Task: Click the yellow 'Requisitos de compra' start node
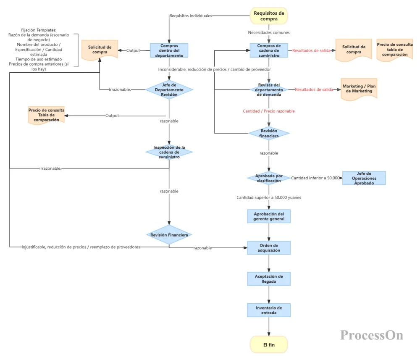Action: (x=269, y=16)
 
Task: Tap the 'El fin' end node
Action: (x=269, y=345)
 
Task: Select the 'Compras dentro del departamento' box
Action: (x=169, y=50)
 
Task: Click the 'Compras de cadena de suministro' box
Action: (x=269, y=50)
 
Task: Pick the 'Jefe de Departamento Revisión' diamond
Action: (x=169, y=90)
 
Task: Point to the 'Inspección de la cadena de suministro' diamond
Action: (x=169, y=152)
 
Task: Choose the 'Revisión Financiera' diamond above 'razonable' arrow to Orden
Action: (x=169, y=235)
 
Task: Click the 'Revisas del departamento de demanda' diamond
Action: (x=269, y=90)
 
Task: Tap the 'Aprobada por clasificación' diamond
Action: (x=269, y=178)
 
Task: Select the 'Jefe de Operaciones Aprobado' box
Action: (x=364, y=178)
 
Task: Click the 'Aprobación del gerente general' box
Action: (x=269, y=216)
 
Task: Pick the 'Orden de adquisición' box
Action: (x=269, y=248)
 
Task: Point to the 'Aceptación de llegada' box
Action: (x=269, y=279)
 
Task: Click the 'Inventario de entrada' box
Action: (x=269, y=310)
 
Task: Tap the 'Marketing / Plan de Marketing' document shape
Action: (x=359, y=89)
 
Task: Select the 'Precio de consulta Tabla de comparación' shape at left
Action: (x=46, y=115)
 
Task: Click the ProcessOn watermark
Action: (x=372, y=335)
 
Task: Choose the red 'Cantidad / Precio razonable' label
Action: (x=269, y=111)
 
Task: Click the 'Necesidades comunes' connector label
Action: (x=269, y=32)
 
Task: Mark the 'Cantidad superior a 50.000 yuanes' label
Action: (x=269, y=197)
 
